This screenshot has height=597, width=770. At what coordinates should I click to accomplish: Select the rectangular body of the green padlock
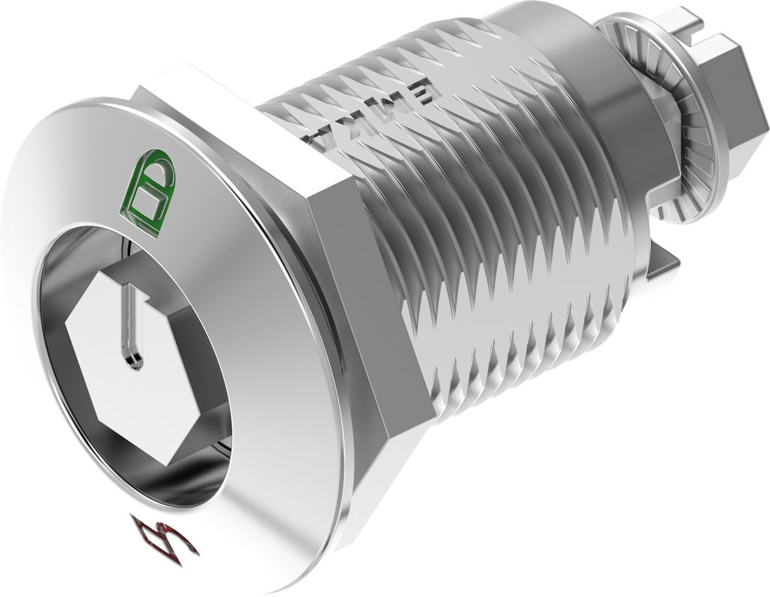point(147,205)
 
